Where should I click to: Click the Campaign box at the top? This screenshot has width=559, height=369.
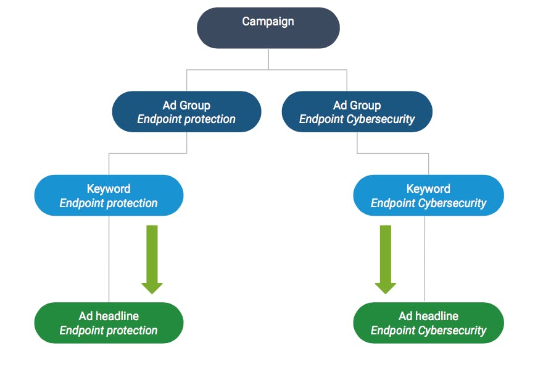pyautogui.click(x=268, y=28)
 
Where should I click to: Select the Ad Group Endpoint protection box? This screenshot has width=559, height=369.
pyautogui.click(x=186, y=112)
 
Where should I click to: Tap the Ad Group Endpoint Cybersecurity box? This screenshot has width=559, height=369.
pyautogui.click(x=357, y=112)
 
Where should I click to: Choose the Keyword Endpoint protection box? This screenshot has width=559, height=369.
pyautogui.click(x=109, y=195)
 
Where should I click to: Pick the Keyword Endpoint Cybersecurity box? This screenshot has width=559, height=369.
pyautogui.click(x=428, y=195)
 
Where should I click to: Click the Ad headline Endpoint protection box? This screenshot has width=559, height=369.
pyautogui.click(x=109, y=323)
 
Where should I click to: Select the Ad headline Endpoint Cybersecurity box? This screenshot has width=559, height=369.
pyautogui.click(x=428, y=323)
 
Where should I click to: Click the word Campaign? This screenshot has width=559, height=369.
pyautogui.click(x=268, y=22)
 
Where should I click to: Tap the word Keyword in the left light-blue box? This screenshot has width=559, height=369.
pyautogui.click(x=109, y=189)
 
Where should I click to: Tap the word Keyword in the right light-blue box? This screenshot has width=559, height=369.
pyautogui.click(x=428, y=189)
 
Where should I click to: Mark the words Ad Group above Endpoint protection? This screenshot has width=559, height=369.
pyautogui.click(x=186, y=105)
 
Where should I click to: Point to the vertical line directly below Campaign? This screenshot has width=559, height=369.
pyautogui.click(x=268, y=59)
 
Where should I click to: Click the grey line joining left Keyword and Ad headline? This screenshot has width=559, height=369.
pyautogui.click(x=109, y=260)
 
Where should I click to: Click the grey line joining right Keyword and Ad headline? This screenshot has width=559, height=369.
pyautogui.click(x=425, y=260)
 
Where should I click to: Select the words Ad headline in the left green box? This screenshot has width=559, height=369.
pyautogui.click(x=109, y=316)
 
